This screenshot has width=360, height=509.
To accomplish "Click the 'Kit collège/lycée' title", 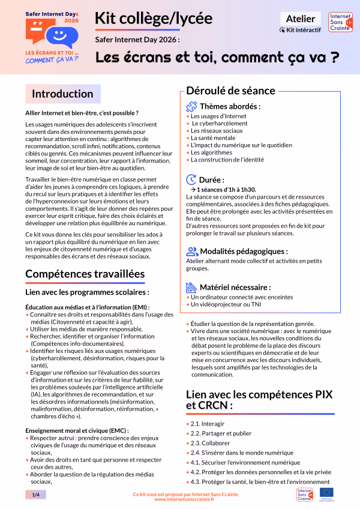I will [x=154, y=19].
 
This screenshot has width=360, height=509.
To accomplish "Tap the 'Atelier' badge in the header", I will [x=300, y=19].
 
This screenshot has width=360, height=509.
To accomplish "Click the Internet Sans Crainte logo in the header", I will [x=340, y=26].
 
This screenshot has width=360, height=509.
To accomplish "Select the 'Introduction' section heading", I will [x=62, y=94].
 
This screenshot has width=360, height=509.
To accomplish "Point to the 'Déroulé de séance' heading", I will [x=230, y=91].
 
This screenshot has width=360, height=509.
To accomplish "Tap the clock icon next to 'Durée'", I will [x=191, y=179].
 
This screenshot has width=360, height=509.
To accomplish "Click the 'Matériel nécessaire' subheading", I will [x=235, y=287].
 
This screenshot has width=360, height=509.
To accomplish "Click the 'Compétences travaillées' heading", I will [x=85, y=274].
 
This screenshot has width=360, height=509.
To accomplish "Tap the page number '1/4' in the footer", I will [x=35, y=494].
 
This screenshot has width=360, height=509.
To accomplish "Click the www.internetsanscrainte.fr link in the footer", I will [x=185, y=499].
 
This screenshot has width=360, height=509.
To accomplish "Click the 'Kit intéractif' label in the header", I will [x=301, y=29].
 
